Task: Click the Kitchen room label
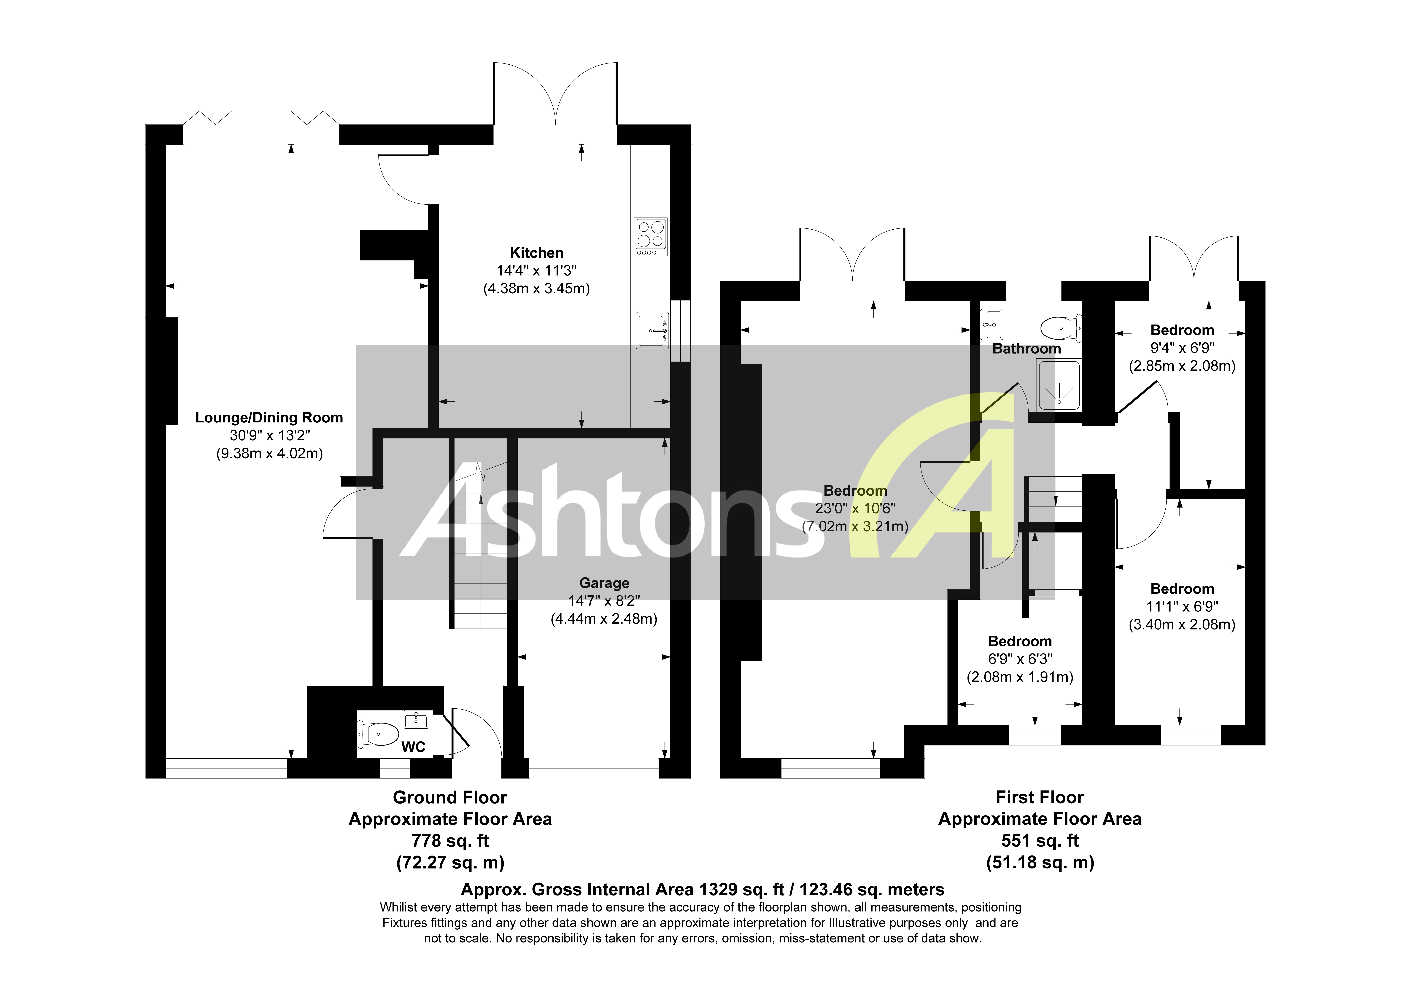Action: pos(536,253)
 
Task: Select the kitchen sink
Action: pos(652,331)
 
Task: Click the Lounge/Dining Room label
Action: pos(269,418)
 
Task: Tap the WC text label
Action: pos(413,747)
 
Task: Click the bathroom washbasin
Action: pos(991,325)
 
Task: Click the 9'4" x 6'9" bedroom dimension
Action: pos(1182,348)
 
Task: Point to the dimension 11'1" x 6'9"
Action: pos(1182,607)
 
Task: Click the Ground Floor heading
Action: pos(450,797)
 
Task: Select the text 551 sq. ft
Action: pos(1040,840)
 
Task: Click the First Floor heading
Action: pos(1040,797)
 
